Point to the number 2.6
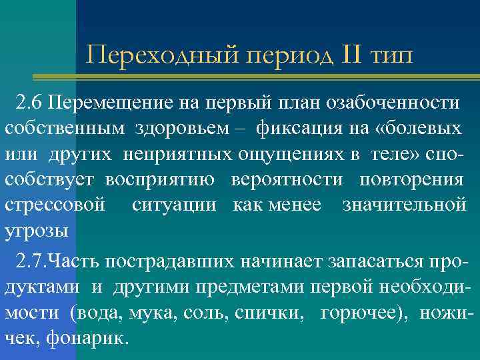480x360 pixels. pos(30,103)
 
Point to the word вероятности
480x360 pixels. pos(287,181)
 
